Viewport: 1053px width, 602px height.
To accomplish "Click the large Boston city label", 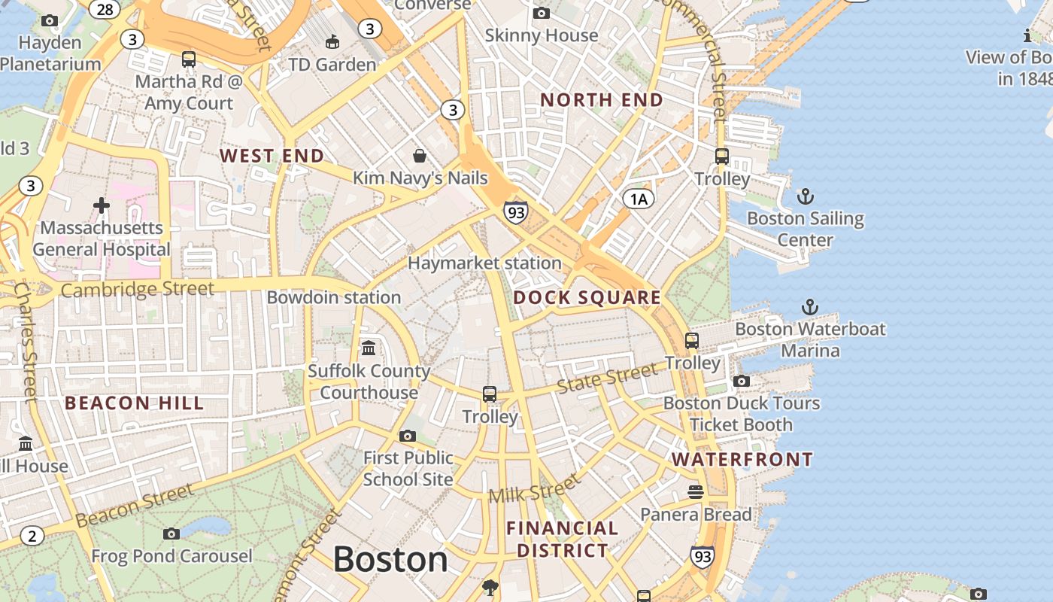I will coord(390,560).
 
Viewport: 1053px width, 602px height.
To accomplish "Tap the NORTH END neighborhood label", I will coord(602,100).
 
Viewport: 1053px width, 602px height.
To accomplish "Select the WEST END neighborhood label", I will coord(272,156).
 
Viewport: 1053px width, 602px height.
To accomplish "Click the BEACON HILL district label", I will coord(134,403).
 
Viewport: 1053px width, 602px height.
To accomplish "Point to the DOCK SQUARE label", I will coord(587,297).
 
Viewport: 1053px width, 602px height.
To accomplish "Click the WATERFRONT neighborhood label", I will coord(742,459).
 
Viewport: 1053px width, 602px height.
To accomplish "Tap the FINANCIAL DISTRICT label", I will coord(562,539).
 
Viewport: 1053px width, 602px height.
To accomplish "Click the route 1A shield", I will coord(638,199).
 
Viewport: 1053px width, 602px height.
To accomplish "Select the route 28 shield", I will coord(105,9).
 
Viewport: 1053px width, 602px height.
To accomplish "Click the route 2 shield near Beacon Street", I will coord(31,536).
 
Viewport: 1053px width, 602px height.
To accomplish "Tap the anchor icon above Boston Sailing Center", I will coord(806,197).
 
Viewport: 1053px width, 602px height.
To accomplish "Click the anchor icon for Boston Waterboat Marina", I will coord(809,307).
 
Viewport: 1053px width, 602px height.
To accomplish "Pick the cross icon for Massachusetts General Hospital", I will coord(102,205).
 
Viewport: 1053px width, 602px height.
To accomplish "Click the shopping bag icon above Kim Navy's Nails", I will coord(420,156).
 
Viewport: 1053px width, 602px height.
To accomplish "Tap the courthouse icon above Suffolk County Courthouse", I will coord(369,348).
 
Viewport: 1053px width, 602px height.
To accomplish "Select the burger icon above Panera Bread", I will coord(696,492).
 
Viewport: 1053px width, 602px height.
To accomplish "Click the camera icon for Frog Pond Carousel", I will coord(171,534).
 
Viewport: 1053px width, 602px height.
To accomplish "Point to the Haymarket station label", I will coord(484,263).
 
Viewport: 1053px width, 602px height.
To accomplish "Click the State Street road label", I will coord(607,379).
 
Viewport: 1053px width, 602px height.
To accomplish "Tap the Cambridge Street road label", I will coord(137,290).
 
